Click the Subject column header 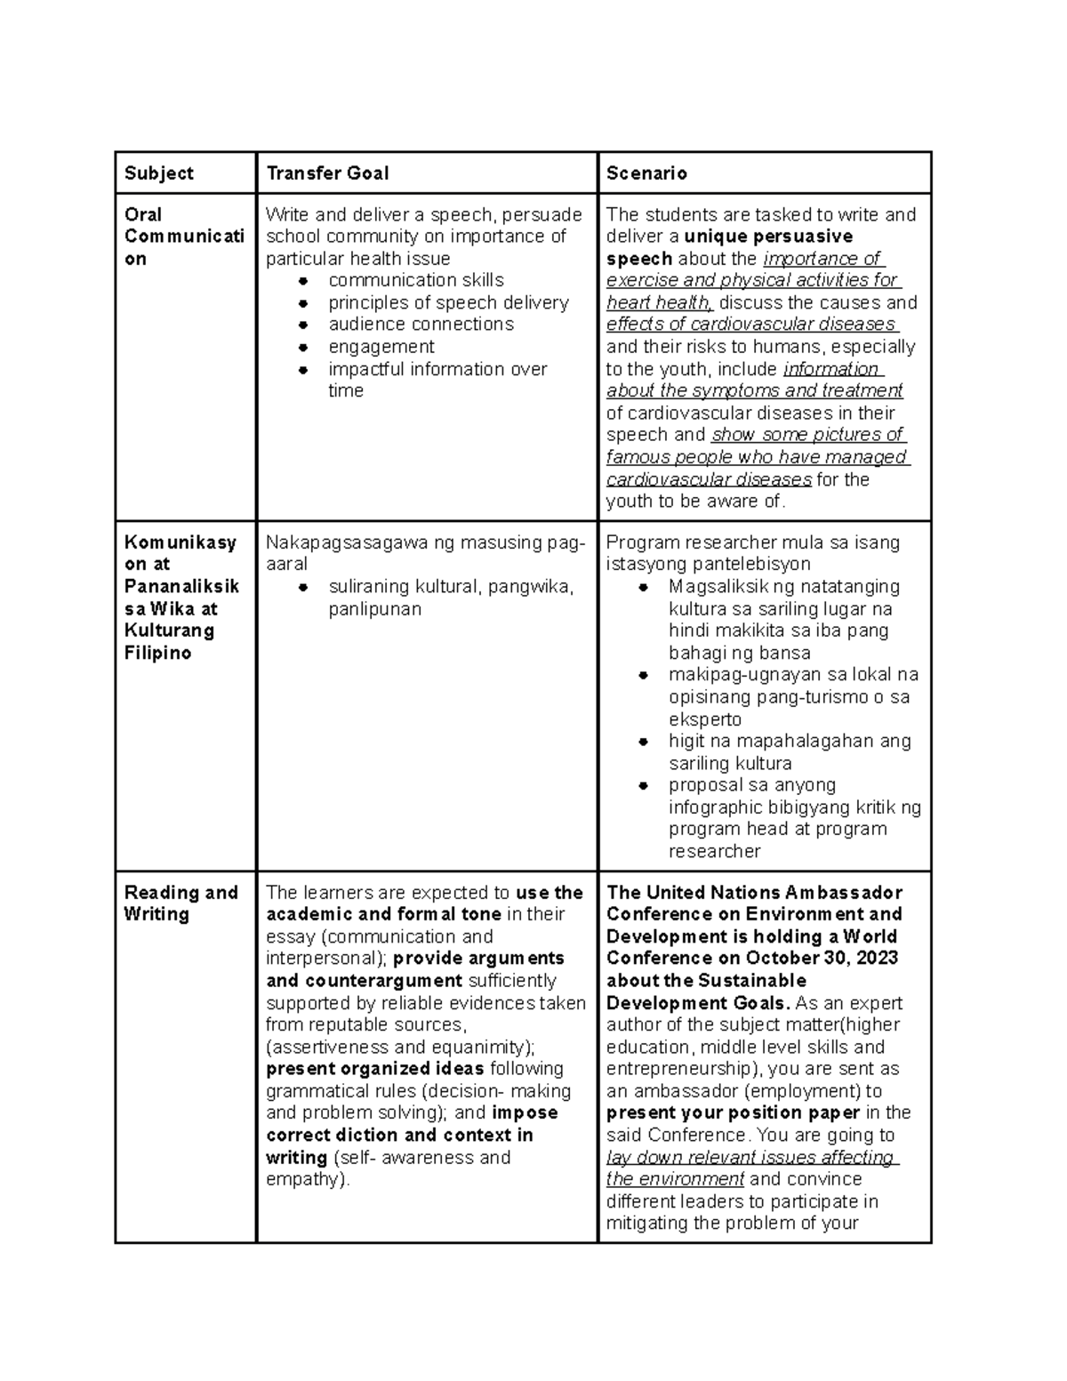point(159,173)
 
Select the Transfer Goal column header point(327,173)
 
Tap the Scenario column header point(646,173)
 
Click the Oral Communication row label point(183,237)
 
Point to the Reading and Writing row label point(181,903)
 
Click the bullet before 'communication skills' point(303,281)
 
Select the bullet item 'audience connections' point(421,325)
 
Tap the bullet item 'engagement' point(381,347)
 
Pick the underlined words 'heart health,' point(660,303)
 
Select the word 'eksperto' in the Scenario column point(705,719)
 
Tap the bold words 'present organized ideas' point(374,1069)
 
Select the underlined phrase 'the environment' point(675,1180)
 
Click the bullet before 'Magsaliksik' point(644,588)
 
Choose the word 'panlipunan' point(374,609)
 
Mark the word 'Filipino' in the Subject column point(157,654)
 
